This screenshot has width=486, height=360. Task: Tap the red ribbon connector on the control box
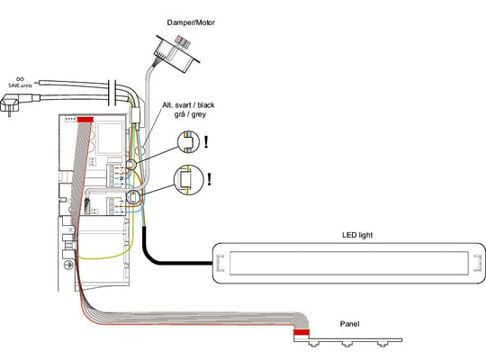pos(87,119)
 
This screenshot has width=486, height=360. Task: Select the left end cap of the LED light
pos(219,263)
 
